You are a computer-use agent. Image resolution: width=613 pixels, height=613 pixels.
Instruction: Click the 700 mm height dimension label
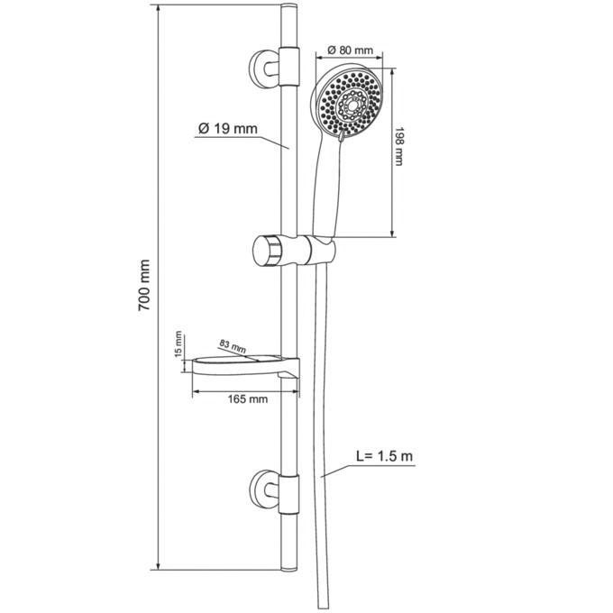pyautogui.click(x=144, y=285)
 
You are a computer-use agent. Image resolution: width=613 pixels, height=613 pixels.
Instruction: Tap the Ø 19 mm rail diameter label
pyautogui.click(x=228, y=129)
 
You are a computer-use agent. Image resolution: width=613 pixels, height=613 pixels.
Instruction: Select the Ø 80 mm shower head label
pyautogui.click(x=351, y=50)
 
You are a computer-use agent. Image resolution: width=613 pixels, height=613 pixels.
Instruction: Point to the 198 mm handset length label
pyautogui.click(x=398, y=146)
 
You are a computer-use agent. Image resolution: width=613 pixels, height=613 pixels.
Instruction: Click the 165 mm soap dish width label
pyautogui.click(x=248, y=398)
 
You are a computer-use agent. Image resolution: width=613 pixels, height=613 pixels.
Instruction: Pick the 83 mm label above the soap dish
pyautogui.click(x=233, y=346)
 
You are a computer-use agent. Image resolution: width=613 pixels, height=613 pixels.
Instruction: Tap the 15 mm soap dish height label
pyautogui.click(x=178, y=344)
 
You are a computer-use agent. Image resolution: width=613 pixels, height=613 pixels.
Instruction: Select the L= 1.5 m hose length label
pyautogui.click(x=384, y=456)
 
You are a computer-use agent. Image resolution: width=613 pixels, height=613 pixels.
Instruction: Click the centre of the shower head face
pyautogui.click(x=352, y=105)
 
